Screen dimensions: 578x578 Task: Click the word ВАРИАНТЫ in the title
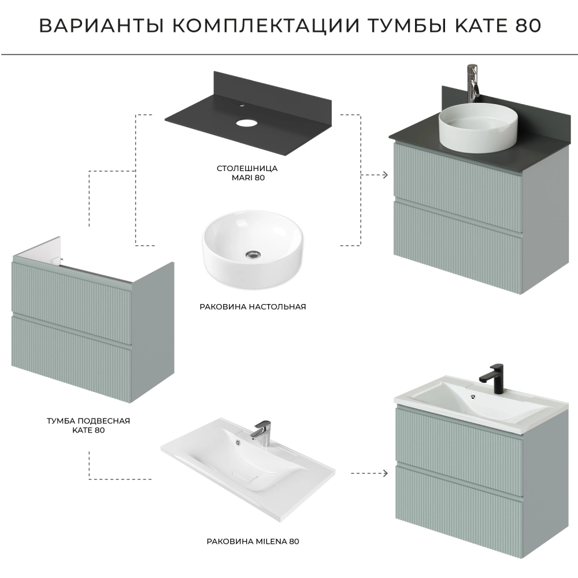point(101,26)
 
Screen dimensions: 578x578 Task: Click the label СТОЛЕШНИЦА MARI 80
point(247,173)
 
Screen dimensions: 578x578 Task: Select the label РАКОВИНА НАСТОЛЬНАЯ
point(253,307)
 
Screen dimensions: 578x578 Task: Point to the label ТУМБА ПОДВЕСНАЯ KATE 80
point(88,425)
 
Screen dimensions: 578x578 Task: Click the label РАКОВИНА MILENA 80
point(253,542)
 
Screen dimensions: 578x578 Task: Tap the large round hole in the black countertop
point(246,123)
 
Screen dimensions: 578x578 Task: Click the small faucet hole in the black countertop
point(242,106)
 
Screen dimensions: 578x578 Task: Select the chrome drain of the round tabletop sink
point(253,254)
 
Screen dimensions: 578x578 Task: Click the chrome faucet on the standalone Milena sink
point(261,433)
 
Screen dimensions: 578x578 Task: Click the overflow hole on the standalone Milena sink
point(238,442)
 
